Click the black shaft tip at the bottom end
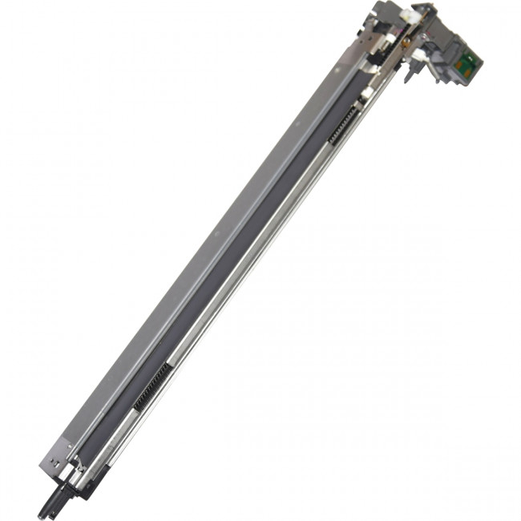(x=42, y=510)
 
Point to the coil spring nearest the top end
(x=343, y=126)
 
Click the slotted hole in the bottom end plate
(x=54, y=461)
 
